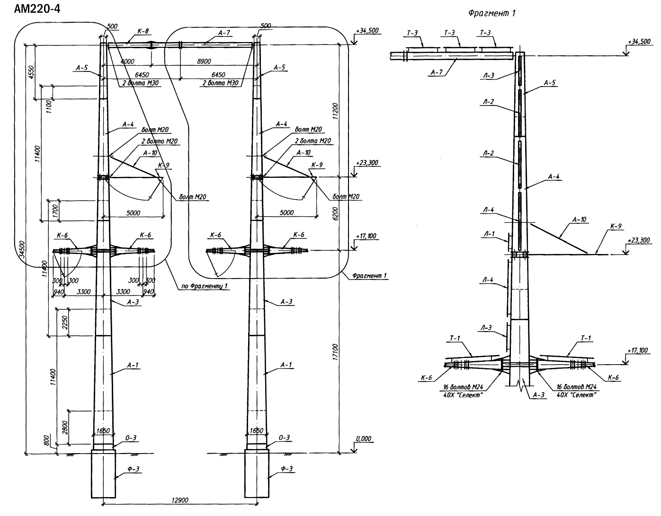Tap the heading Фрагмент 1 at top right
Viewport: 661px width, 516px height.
point(491,13)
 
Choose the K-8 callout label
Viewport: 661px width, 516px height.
point(143,32)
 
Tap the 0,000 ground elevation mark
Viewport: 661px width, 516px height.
point(363,438)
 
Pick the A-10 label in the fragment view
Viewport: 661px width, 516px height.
point(580,219)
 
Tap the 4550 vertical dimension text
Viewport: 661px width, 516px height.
point(31,72)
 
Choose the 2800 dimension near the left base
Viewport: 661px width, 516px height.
point(65,428)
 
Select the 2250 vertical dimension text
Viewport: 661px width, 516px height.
point(65,322)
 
